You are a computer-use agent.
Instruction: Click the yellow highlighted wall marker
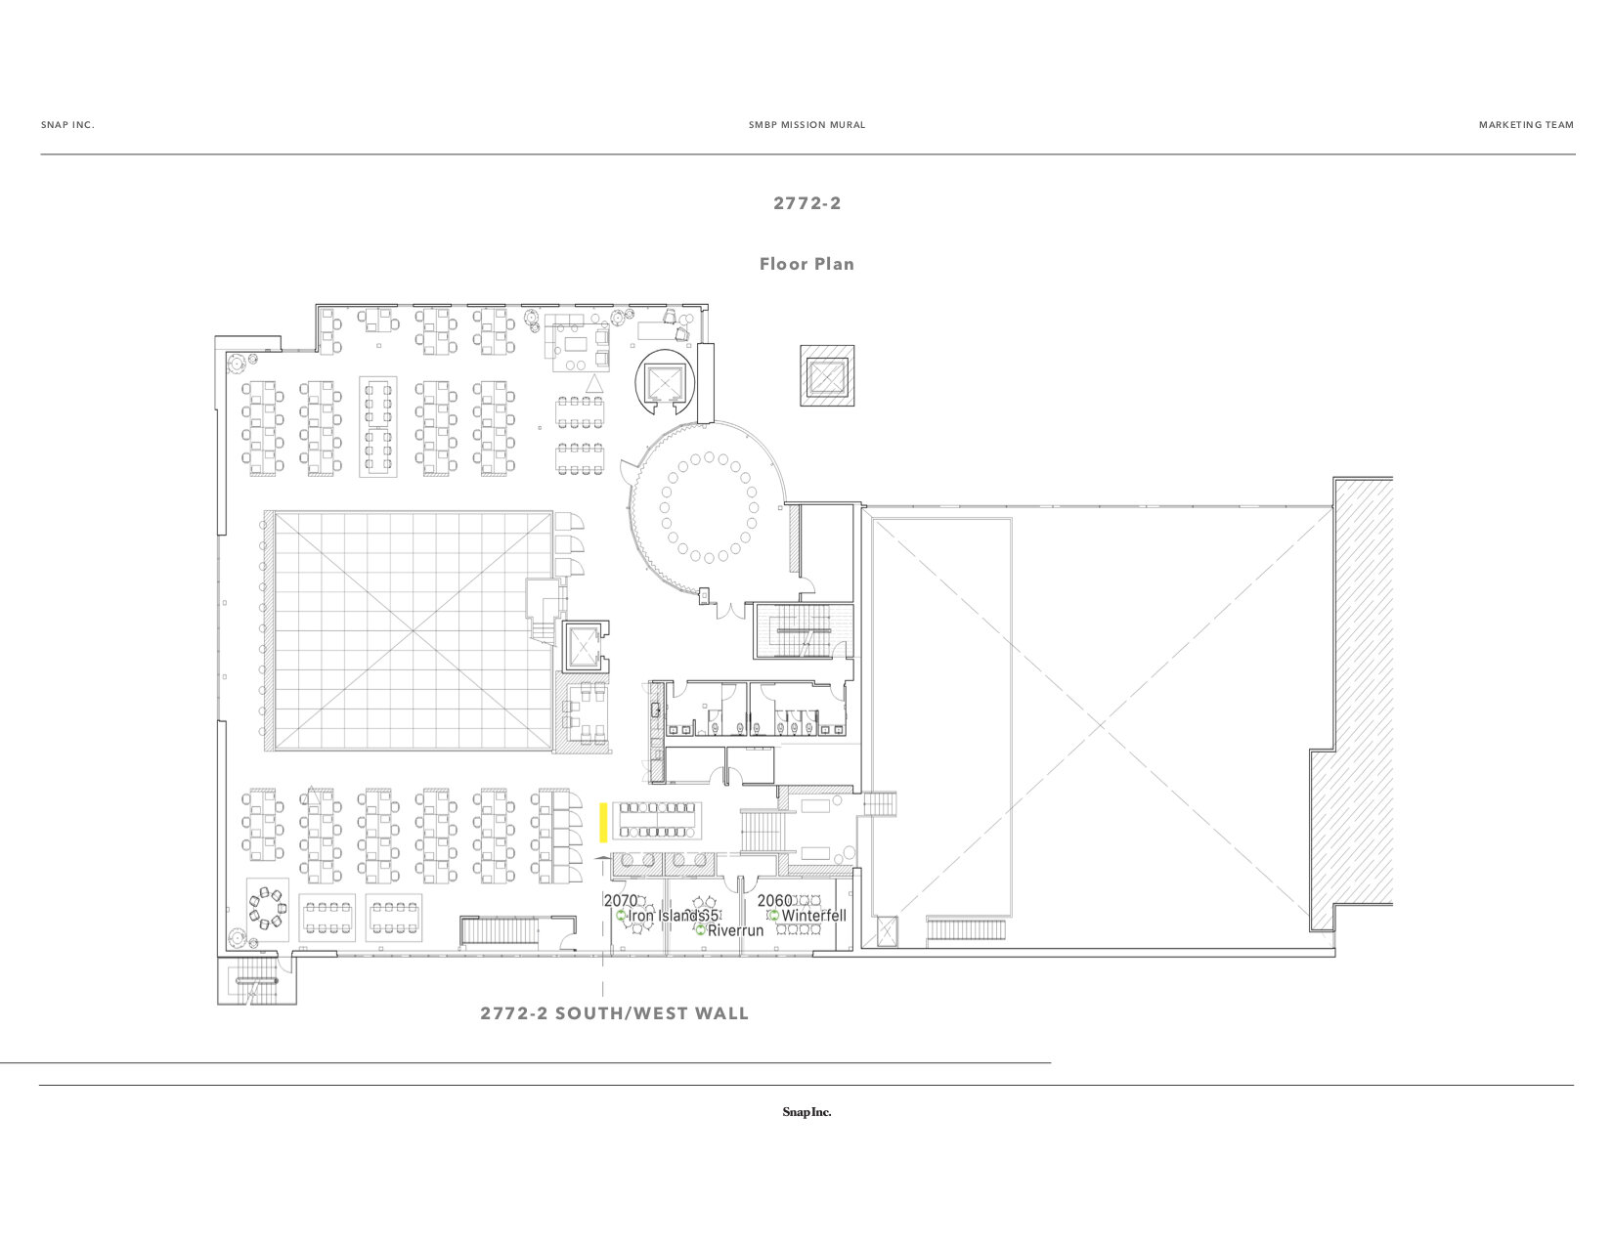point(604,822)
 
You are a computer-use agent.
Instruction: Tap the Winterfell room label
point(813,916)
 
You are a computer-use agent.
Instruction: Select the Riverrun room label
point(735,930)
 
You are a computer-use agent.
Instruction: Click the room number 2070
point(620,900)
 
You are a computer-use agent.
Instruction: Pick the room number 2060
point(774,900)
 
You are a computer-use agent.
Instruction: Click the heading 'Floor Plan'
point(806,264)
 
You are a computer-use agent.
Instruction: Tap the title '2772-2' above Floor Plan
point(806,203)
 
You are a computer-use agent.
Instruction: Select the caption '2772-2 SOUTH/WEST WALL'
point(614,1013)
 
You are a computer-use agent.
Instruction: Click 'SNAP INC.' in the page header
point(67,125)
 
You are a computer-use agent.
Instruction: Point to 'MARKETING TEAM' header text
point(1526,125)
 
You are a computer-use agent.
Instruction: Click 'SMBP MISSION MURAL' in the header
point(806,125)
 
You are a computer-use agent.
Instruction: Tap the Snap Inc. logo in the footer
point(806,1112)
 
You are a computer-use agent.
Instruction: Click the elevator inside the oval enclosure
point(665,381)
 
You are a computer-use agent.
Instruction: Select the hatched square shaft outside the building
point(827,375)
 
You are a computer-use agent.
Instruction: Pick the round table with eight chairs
point(266,909)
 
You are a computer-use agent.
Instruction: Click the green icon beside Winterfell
point(773,916)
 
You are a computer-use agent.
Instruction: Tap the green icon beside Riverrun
point(700,930)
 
